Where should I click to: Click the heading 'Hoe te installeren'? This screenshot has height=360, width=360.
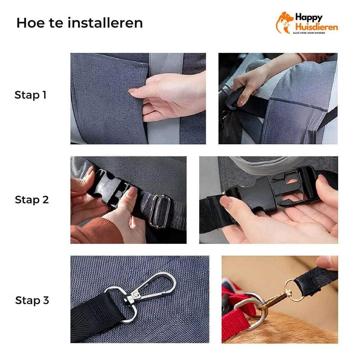80,23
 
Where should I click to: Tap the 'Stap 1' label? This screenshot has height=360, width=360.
31,95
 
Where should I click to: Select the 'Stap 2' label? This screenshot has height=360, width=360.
32,200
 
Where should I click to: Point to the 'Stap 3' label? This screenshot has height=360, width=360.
32,300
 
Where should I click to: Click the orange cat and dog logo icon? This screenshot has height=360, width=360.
284,22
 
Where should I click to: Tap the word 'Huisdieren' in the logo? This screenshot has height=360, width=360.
316,27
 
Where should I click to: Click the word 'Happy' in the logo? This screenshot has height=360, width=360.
309,18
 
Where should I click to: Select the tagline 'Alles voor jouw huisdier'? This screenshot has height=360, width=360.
309,33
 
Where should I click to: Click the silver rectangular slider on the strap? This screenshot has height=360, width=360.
160,211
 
